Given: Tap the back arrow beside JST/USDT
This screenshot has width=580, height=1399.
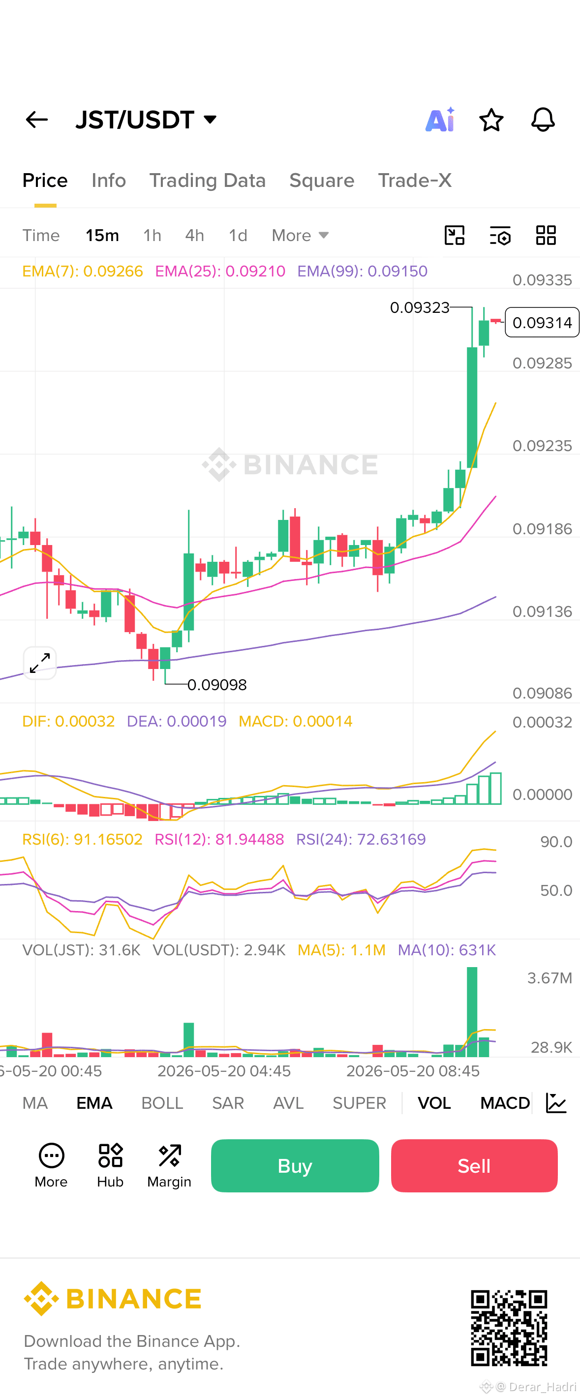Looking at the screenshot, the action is (37, 120).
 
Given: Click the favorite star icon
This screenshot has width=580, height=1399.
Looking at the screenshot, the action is (491, 120).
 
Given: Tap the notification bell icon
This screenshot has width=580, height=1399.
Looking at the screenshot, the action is (543, 120).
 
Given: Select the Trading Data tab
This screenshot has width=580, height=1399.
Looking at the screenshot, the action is (208, 181).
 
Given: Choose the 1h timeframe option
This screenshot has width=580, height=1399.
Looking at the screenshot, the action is (152, 235).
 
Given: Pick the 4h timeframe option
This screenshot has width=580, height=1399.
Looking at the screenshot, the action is (194, 235).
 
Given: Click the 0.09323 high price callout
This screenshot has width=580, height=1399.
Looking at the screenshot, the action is (420, 307).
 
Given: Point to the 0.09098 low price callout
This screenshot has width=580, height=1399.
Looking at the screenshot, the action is (216, 685).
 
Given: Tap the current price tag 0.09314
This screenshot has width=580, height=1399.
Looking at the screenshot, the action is (542, 322).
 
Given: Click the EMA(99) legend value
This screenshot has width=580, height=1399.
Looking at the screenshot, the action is (362, 271).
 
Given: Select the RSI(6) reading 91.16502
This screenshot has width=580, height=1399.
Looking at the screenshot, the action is (82, 839).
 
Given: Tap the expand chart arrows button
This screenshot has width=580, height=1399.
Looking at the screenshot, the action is (40, 663).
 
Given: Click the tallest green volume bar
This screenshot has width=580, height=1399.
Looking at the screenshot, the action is (472, 1011).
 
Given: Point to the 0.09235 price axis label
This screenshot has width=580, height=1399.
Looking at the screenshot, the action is (542, 446).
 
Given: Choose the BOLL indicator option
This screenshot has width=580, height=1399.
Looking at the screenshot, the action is (162, 1103).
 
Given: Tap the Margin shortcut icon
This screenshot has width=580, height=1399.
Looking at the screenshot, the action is (169, 1155).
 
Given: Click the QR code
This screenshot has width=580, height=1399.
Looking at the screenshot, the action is (509, 1328).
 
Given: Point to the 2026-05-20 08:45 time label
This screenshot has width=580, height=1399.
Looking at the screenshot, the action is (413, 1071).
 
